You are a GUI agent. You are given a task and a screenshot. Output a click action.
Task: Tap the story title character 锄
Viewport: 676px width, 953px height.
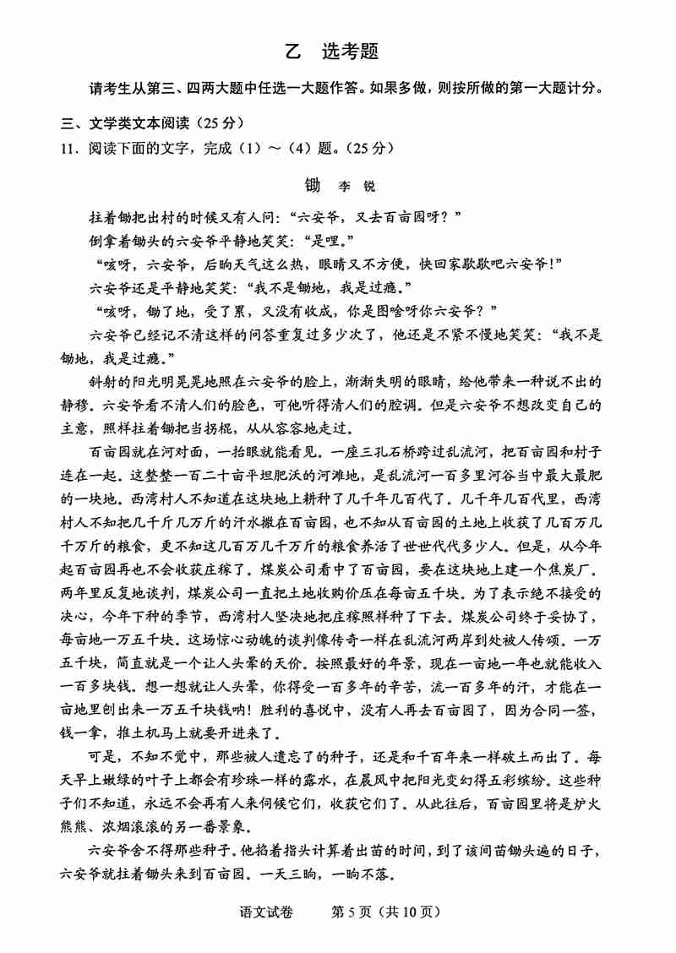[313, 184]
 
